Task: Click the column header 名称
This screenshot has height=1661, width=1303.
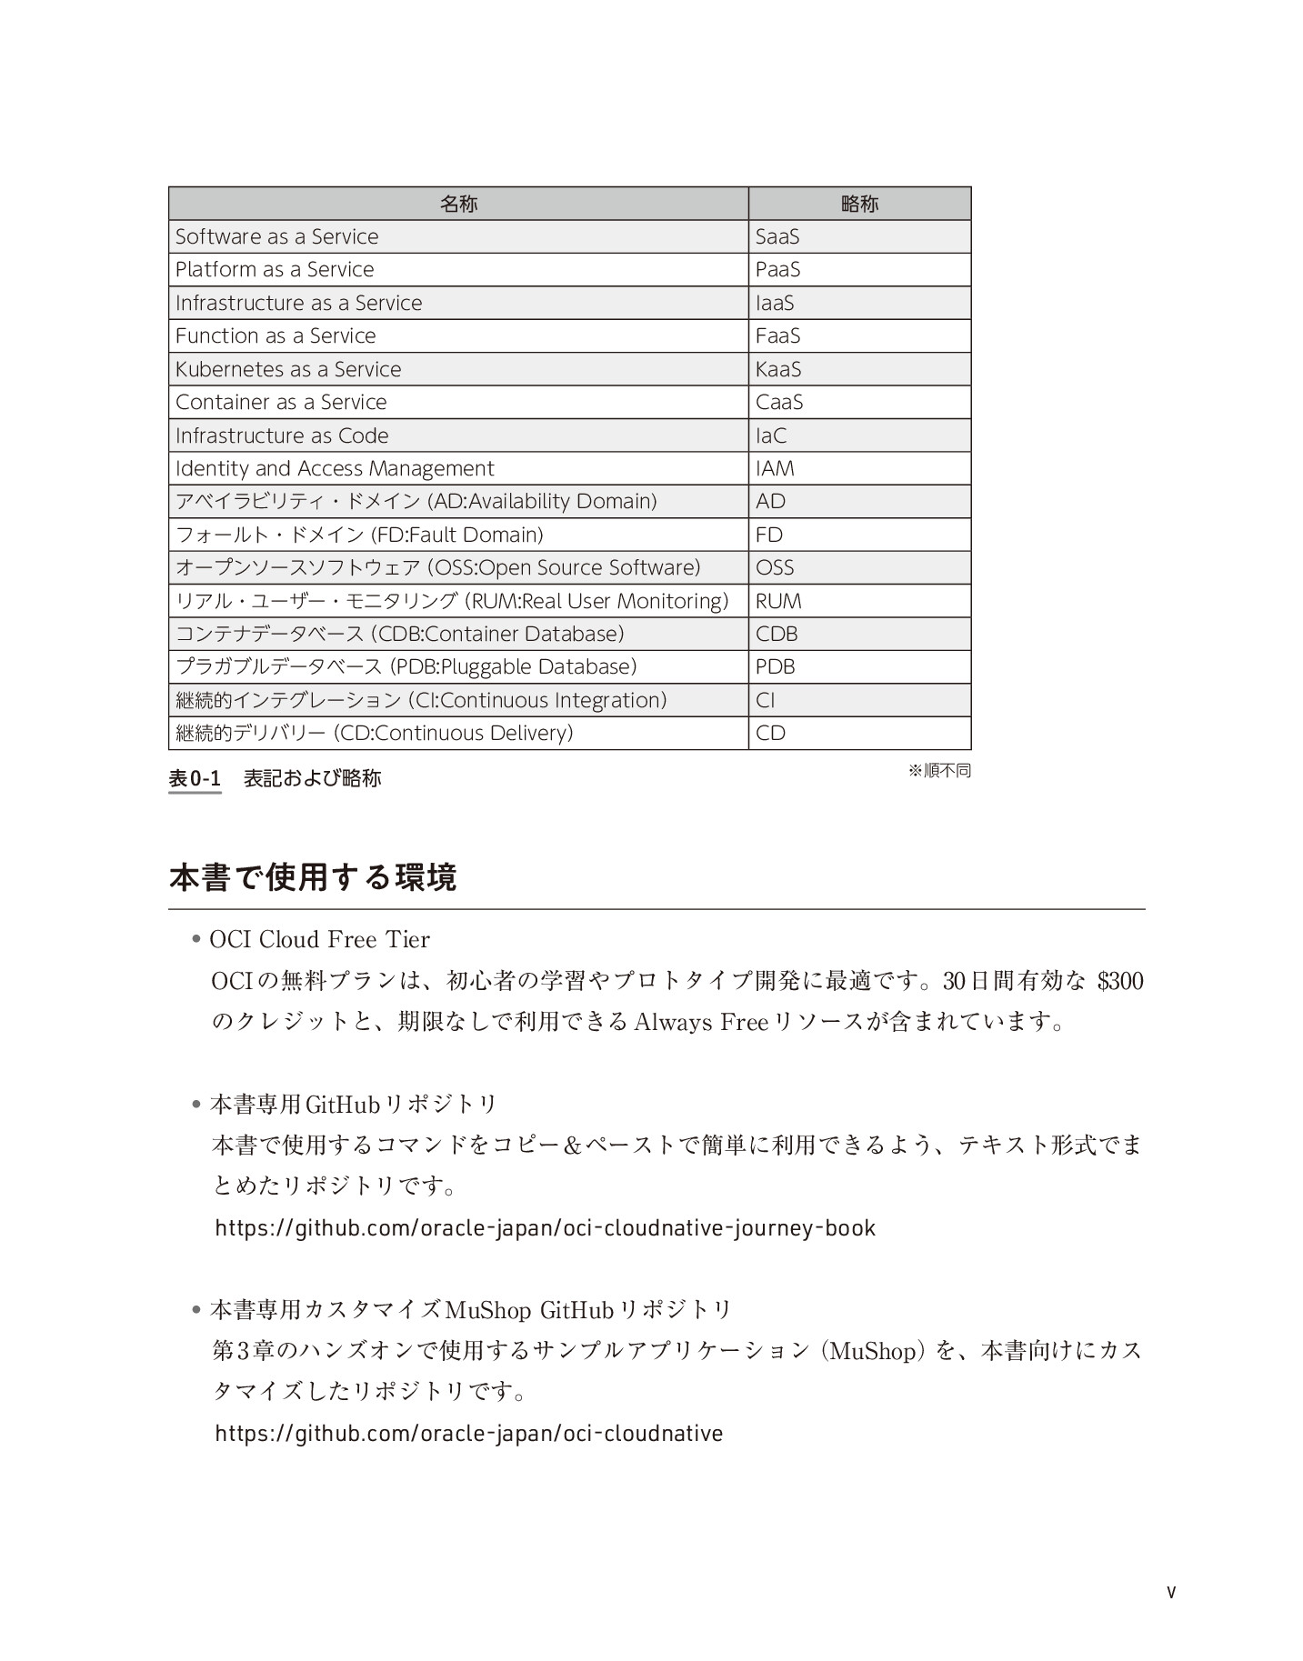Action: tap(458, 204)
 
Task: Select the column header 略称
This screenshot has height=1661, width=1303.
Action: tap(859, 204)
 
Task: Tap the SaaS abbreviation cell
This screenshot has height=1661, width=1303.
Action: tap(777, 236)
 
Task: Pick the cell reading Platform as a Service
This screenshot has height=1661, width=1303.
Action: tap(275, 270)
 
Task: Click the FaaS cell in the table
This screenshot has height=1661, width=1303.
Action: tap(777, 336)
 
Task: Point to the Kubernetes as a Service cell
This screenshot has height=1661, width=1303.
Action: tap(288, 369)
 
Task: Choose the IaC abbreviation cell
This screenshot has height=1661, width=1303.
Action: tap(771, 435)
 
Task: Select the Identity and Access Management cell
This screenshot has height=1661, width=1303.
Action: tap(335, 469)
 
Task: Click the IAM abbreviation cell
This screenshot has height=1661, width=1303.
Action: tap(775, 469)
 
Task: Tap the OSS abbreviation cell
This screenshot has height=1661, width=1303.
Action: tap(775, 568)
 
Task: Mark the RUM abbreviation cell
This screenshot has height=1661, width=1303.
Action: tap(778, 601)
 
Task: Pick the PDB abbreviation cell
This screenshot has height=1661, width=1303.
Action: tap(776, 667)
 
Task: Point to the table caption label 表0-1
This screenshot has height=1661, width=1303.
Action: tap(195, 779)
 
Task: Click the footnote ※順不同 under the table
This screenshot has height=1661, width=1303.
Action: tap(939, 771)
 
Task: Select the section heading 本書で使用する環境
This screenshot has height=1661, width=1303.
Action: tap(313, 878)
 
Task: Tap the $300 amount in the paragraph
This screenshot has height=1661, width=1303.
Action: tap(1119, 982)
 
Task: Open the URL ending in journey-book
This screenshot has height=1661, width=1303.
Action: tap(545, 1228)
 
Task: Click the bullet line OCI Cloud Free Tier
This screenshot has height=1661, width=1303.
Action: tap(319, 939)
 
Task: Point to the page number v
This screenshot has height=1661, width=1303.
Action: tap(1171, 1592)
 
